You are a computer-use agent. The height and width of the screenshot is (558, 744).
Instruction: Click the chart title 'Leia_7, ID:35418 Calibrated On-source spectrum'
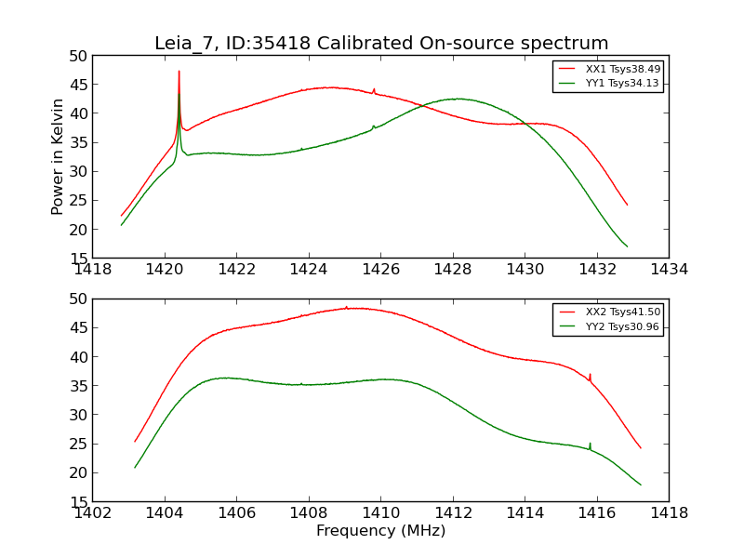381,44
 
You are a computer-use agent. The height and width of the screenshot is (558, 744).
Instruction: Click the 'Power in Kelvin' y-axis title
58,156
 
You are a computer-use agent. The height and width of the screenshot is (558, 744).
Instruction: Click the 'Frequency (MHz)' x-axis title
380,531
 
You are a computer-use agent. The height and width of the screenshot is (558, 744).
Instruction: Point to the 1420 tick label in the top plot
165,270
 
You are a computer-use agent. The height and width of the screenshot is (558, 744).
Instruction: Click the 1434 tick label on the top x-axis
669,270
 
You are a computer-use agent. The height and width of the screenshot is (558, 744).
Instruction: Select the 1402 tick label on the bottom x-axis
92,512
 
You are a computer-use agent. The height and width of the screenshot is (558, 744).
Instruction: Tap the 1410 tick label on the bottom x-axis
380,512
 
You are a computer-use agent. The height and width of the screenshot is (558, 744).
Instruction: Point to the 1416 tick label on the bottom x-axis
596,512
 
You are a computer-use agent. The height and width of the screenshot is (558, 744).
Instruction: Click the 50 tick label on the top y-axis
77,56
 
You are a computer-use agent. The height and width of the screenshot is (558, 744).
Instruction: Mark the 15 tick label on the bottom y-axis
77,501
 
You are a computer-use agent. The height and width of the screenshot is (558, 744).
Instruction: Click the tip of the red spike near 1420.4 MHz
179,71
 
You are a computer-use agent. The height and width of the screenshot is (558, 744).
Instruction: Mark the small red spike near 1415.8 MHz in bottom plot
590,375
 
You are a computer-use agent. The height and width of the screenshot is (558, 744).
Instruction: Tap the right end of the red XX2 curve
640,447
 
